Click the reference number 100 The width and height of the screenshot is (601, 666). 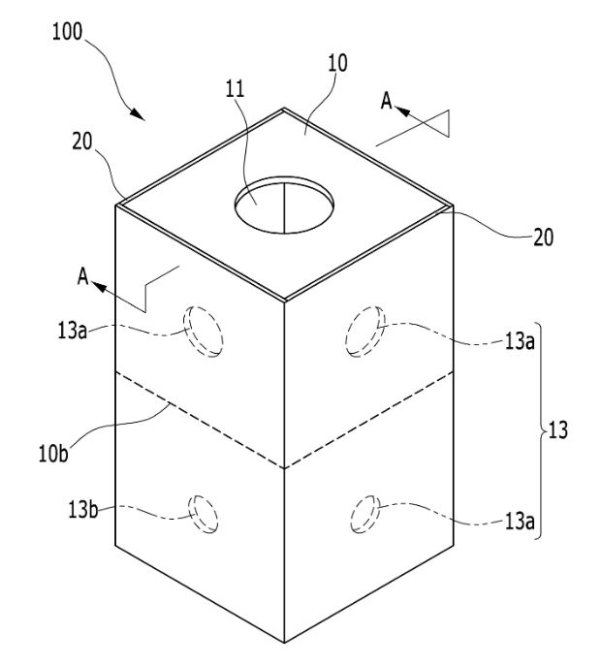[x=67, y=32]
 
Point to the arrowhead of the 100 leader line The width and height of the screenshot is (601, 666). [x=137, y=113]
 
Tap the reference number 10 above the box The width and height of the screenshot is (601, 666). [x=337, y=63]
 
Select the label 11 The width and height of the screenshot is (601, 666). [x=235, y=89]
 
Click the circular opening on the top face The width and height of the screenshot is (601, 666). [x=284, y=205]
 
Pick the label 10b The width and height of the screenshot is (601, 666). [x=53, y=454]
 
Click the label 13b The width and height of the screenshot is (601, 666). [x=82, y=509]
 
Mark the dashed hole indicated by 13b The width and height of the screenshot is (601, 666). [x=203, y=514]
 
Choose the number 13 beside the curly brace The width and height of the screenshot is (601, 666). [x=558, y=429]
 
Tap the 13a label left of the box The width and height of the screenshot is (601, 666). [x=72, y=331]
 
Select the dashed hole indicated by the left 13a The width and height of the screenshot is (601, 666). [x=204, y=332]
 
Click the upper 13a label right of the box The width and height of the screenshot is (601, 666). [x=520, y=340]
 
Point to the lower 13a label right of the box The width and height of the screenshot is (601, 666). [x=520, y=521]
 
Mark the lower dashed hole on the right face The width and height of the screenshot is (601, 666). [x=365, y=514]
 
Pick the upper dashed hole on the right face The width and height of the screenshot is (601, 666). [x=365, y=331]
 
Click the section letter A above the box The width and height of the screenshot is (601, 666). [x=386, y=101]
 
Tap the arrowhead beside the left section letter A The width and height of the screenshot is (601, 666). [x=99, y=287]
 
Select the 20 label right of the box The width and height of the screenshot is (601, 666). [x=543, y=238]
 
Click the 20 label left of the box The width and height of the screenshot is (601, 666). [x=82, y=142]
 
